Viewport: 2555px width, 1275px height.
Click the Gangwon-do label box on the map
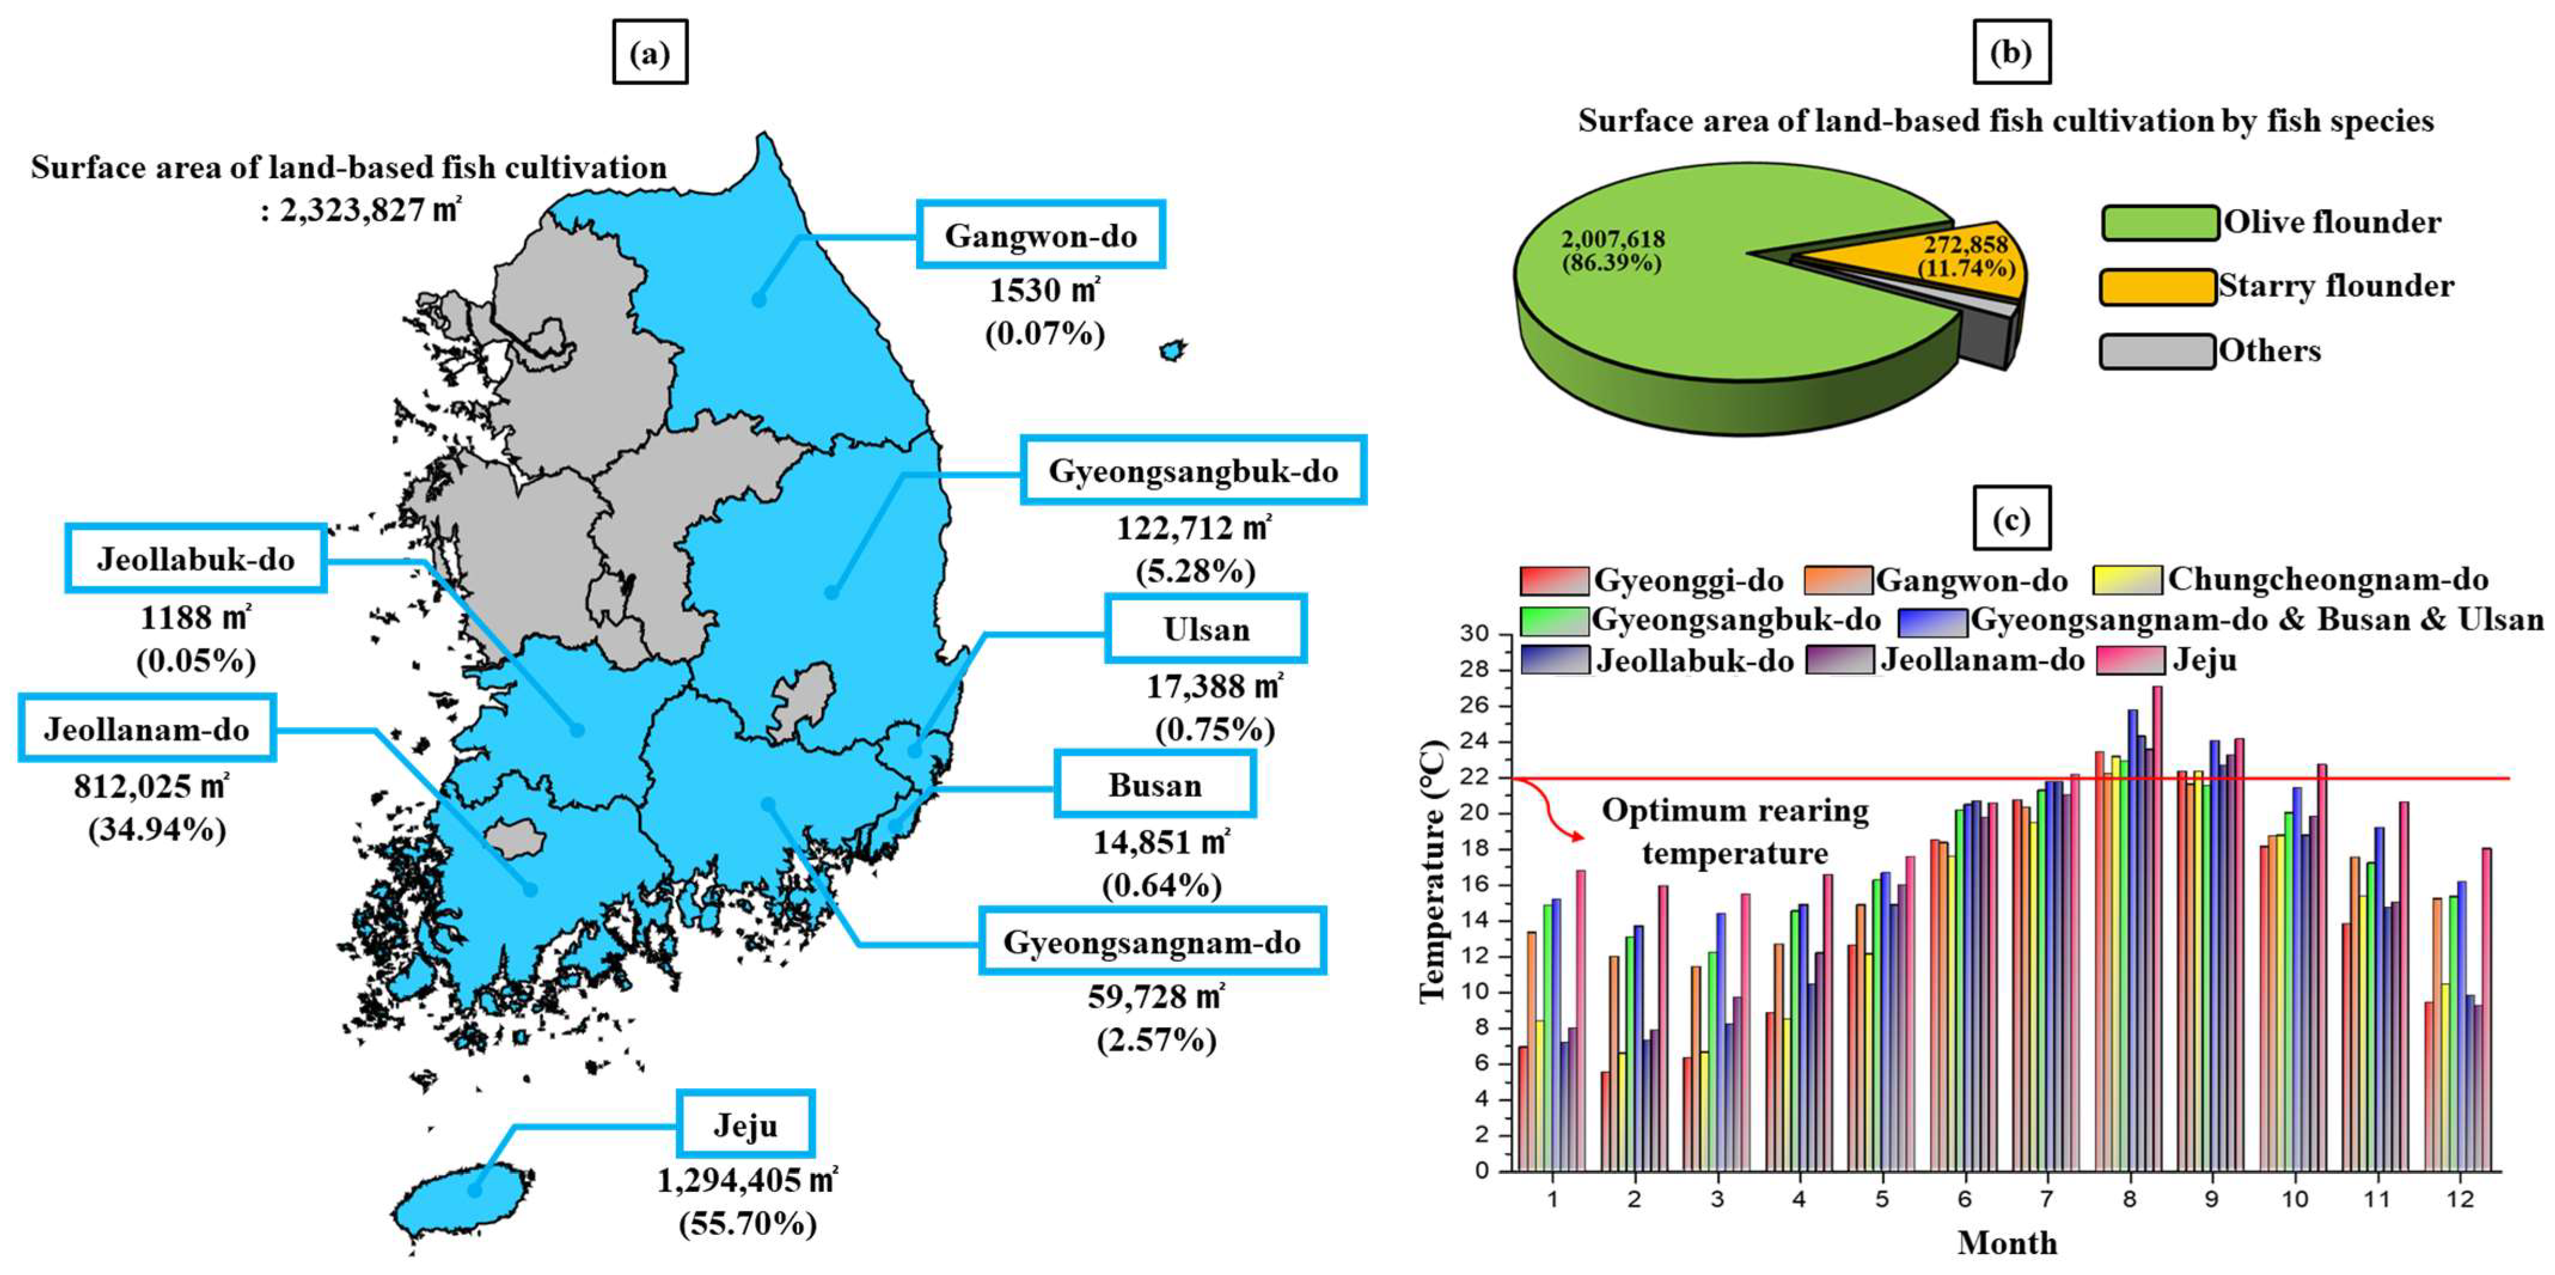(x=1041, y=234)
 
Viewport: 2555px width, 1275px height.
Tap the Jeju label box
(x=746, y=1124)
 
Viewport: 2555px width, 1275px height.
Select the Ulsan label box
(x=1206, y=629)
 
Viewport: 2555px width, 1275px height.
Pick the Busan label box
(x=1155, y=785)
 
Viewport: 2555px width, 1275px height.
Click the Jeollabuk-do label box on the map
(x=195, y=559)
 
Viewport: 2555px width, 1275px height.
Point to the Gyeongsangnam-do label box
(x=1152, y=941)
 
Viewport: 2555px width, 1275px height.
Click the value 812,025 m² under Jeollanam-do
(x=151, y=787)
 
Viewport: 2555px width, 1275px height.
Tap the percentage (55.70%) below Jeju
(x=748, y=1224)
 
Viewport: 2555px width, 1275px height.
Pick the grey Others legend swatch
(x=2158, y=351)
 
